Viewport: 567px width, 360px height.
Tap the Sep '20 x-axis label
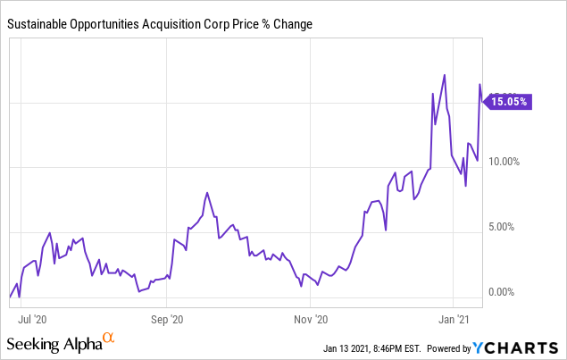point(167,317)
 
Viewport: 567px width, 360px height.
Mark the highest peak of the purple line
point(445,75)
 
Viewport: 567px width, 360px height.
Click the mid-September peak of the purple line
point(207,192)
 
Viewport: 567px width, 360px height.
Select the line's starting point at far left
point(10,296)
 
